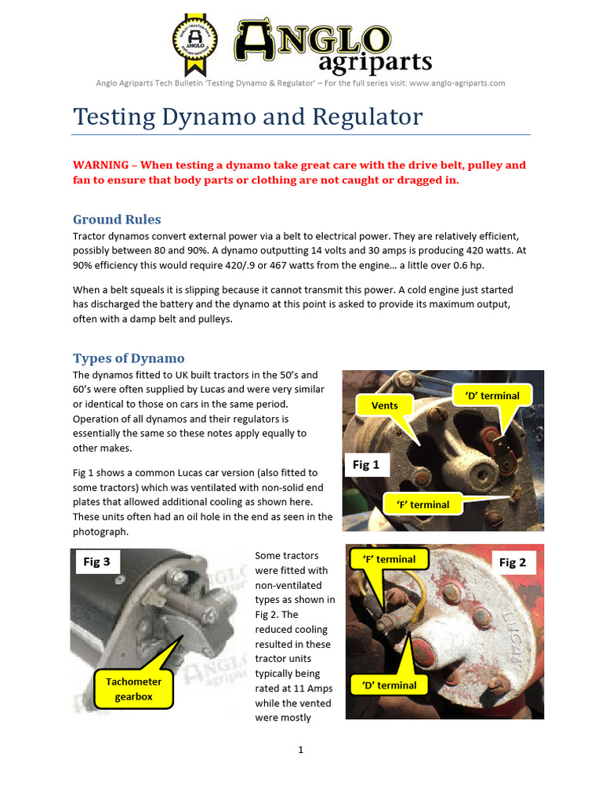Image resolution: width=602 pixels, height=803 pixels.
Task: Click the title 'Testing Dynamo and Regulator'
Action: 248,117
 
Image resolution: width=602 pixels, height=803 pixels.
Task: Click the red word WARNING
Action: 100,165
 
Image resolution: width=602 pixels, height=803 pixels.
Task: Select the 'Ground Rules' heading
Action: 117,219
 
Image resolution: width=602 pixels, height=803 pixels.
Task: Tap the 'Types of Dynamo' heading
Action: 129,358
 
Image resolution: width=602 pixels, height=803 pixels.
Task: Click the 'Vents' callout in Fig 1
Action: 385,405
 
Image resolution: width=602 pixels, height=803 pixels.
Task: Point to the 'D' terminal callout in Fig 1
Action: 493,396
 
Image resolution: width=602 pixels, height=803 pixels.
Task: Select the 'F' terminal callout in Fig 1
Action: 423,504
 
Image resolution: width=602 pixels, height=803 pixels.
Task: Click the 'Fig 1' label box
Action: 366,465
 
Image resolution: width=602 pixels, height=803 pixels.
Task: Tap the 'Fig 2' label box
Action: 513,562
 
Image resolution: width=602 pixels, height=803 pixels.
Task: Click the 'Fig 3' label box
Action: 96,562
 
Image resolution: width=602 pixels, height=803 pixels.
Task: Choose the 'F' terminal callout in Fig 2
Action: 390,559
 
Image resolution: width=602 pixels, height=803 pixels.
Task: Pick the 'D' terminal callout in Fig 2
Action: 390,685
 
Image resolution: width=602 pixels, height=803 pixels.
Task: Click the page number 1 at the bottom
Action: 300,750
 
